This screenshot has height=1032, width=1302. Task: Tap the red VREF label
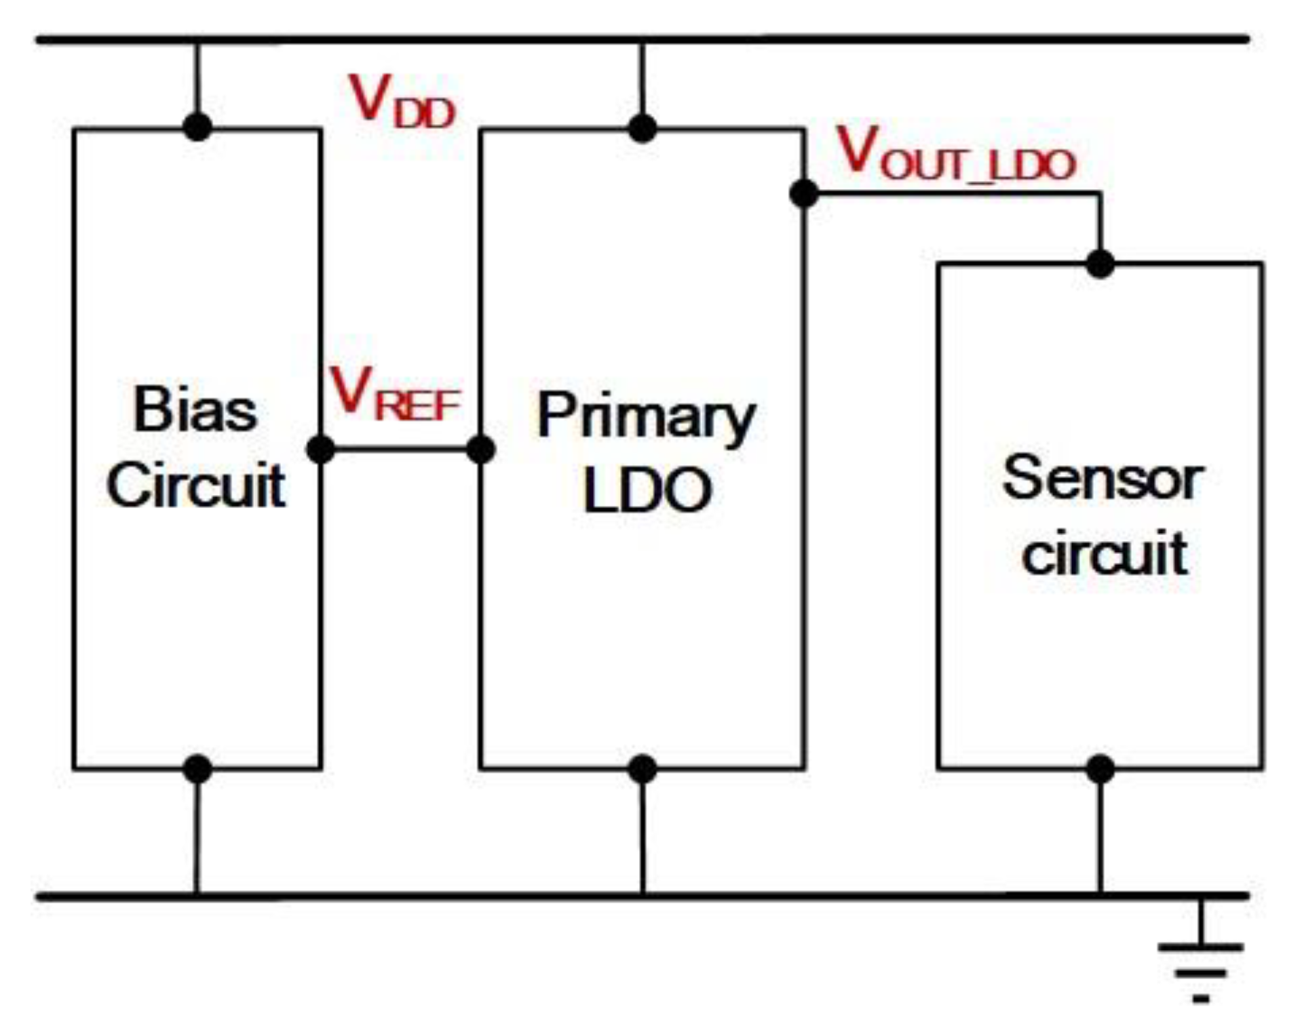[x=395, y=394]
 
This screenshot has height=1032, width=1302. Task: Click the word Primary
[x=645, y=416]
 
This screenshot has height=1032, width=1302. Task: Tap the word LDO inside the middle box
[x=647, y=490]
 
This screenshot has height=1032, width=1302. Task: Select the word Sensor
[x=1103, y=479]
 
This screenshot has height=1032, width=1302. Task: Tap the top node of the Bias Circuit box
[x=197, y=127]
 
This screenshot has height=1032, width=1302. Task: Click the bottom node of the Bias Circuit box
[x=197, y=769]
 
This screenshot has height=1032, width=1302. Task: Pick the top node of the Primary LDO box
[x=643, y=128]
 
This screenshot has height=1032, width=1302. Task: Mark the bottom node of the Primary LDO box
[x=643, y=769]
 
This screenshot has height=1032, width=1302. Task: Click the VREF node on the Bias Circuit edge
[x=320, y=449]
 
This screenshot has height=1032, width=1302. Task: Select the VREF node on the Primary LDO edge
[x=481, y=449]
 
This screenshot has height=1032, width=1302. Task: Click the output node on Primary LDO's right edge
[x=804, y=193]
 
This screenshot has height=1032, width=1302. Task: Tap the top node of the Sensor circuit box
[x=1100, y=264]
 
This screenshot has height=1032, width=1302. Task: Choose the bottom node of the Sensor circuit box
[x=1100, y=769]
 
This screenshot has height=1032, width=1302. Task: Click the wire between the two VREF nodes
[x=400, y=449]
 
